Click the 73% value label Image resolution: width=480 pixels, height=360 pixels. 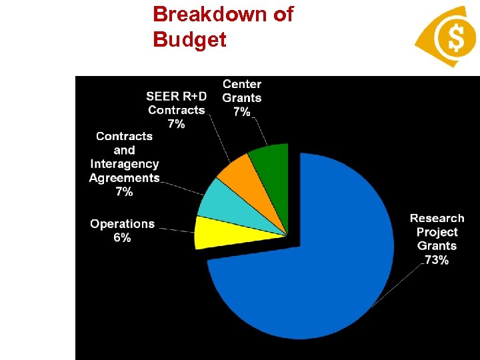click(x=437, y=260)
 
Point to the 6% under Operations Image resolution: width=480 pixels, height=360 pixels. click(x=122, y=237)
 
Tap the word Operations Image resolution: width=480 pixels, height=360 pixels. click(x=122, y=224)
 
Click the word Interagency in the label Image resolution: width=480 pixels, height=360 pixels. click(x=124, y=164)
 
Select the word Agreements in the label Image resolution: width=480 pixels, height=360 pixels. click(x=124, y=178)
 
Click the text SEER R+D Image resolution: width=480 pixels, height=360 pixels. click(x=176, y=97)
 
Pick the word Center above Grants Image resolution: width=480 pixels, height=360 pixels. click(x=242, y=84)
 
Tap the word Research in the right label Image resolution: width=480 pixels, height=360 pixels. click(x=437, y=218)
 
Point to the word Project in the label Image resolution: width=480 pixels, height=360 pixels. click(x=437, y=232)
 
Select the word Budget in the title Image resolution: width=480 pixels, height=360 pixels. click(x=189, y=39)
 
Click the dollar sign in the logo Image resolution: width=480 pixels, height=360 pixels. click(x=456, y=37)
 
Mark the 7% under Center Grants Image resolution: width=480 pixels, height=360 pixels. click(x=241, y=111)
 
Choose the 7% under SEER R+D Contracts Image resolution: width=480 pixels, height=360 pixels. click(x=176, y=124)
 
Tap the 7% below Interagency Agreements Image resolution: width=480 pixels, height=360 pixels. click(x=124, y=192)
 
